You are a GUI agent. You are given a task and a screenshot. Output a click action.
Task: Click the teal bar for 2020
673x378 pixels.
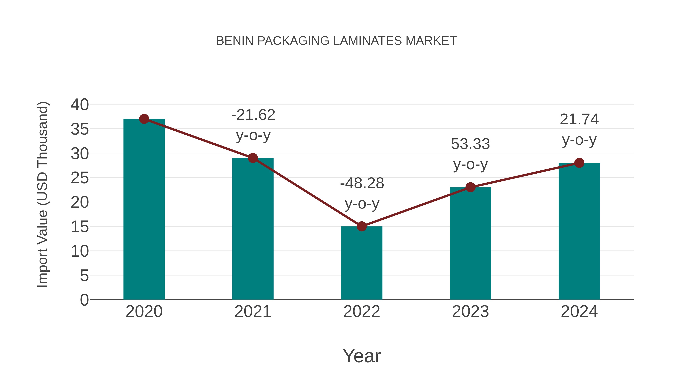click(x=144, y=209)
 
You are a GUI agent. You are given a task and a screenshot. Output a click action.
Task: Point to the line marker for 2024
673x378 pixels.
click(x=579, y=163)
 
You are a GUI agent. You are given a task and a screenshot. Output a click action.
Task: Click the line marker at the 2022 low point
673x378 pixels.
click(x=362, y=226)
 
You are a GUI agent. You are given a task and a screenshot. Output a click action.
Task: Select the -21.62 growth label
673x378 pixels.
click(x=253, y=115)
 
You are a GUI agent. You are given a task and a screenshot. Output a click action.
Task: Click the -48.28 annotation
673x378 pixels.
click(x=362, y=183)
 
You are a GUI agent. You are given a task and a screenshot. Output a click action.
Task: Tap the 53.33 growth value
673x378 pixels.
click(x=470, y=144)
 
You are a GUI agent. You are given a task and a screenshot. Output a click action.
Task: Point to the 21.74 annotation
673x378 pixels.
click(x=579, y=119)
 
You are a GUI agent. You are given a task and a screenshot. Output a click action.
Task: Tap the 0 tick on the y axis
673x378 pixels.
click(x=84, y=300)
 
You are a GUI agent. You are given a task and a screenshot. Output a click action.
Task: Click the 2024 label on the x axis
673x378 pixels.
click(x=579, y=312)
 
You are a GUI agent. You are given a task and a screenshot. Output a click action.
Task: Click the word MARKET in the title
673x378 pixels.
click(x=431, y=41)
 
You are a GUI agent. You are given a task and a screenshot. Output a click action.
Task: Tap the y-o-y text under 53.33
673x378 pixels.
click(x=470, y=165)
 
